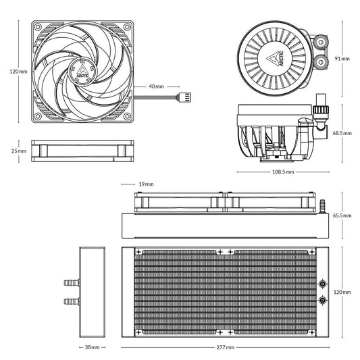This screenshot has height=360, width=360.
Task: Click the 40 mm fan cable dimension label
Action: point(156,86)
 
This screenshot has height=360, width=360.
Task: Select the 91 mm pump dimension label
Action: point(343,59)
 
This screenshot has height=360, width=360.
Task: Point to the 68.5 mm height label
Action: point(342,134)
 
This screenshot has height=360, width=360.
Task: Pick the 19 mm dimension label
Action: point(145,184)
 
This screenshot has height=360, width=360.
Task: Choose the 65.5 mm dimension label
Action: point(342,215)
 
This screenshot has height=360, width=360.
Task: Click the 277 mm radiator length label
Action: point(225,348)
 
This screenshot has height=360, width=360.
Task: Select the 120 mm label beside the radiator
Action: point(342,292)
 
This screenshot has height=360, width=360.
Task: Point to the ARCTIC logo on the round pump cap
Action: point(278,59)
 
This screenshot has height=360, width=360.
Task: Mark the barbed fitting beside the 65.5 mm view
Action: point(322,202)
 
